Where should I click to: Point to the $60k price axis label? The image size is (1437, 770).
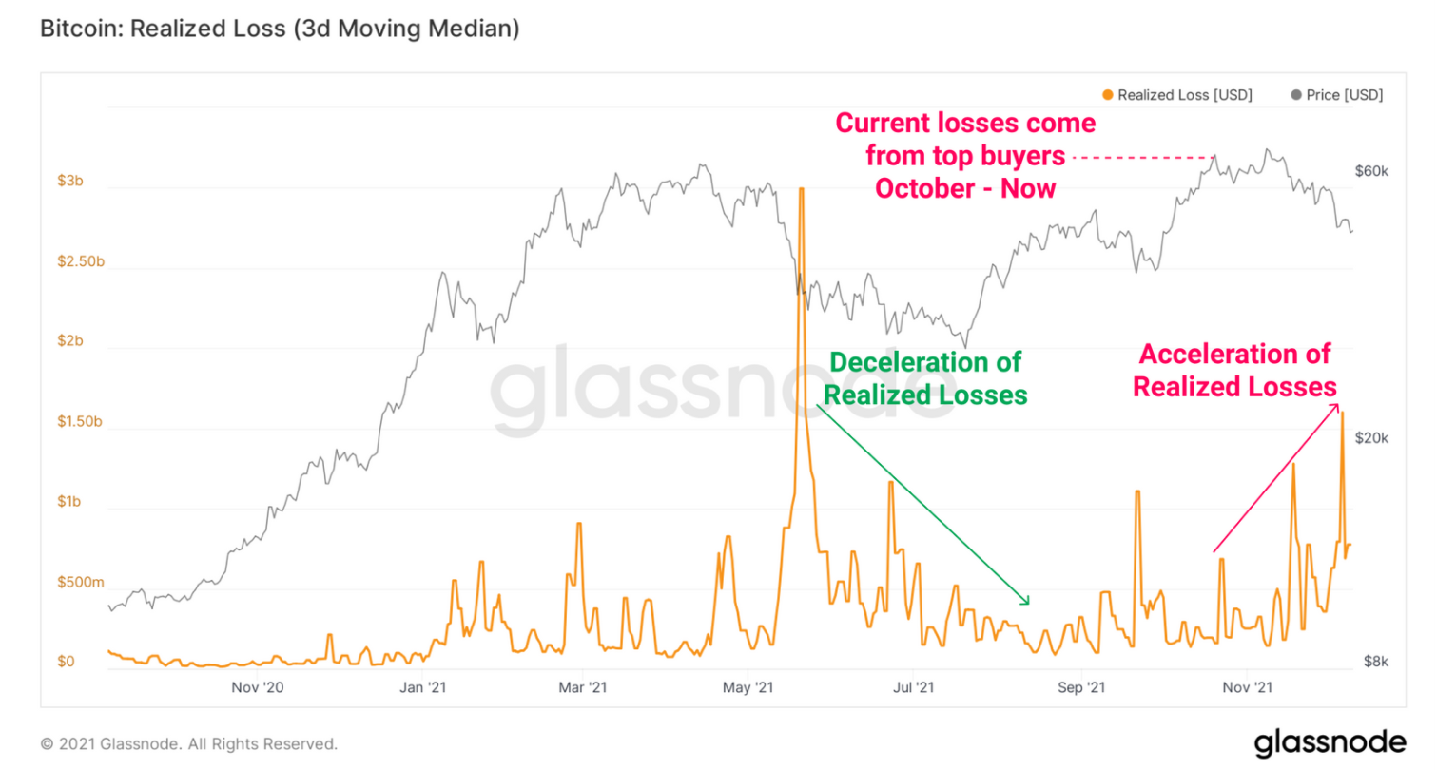pos(1371,171)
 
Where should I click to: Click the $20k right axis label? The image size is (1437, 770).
pos(1371,438)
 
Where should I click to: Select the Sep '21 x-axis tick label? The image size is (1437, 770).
pos(1080,686)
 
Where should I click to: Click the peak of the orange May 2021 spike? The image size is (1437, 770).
pos(802,189)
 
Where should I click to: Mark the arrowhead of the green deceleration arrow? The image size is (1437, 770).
pos(1028,603)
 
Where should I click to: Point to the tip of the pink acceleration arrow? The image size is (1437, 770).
pos(1338,404)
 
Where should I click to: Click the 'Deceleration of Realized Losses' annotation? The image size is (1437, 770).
pos(925,377)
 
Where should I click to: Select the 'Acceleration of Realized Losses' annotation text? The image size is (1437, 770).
pos(1235,370)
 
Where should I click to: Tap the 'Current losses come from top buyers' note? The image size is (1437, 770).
pos(965,155)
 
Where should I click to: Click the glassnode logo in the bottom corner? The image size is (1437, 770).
pos(1329,741)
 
